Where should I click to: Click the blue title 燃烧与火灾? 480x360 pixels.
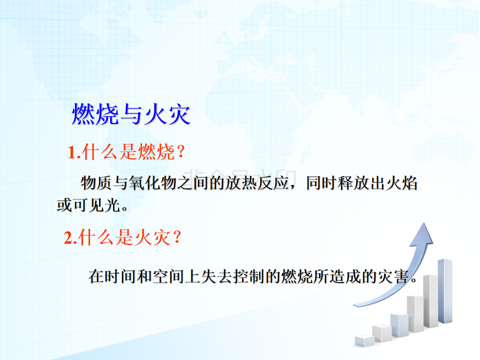[131, 114]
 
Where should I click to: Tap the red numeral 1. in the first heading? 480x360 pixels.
[74, 152]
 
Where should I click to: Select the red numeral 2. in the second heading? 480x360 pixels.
[70, 237]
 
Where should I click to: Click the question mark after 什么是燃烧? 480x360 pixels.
[180, 151]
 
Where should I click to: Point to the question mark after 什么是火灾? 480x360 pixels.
[177, 237]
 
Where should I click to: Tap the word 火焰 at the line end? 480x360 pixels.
[401, 183]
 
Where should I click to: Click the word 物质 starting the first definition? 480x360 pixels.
[96, 183]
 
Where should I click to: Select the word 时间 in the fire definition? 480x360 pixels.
[120, 276]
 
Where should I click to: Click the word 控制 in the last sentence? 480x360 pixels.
[248, 276]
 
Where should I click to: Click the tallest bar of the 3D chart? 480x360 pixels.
[445, 291]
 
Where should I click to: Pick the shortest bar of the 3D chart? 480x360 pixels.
[364, 341]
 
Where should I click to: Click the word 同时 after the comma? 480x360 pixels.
[321, 183]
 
